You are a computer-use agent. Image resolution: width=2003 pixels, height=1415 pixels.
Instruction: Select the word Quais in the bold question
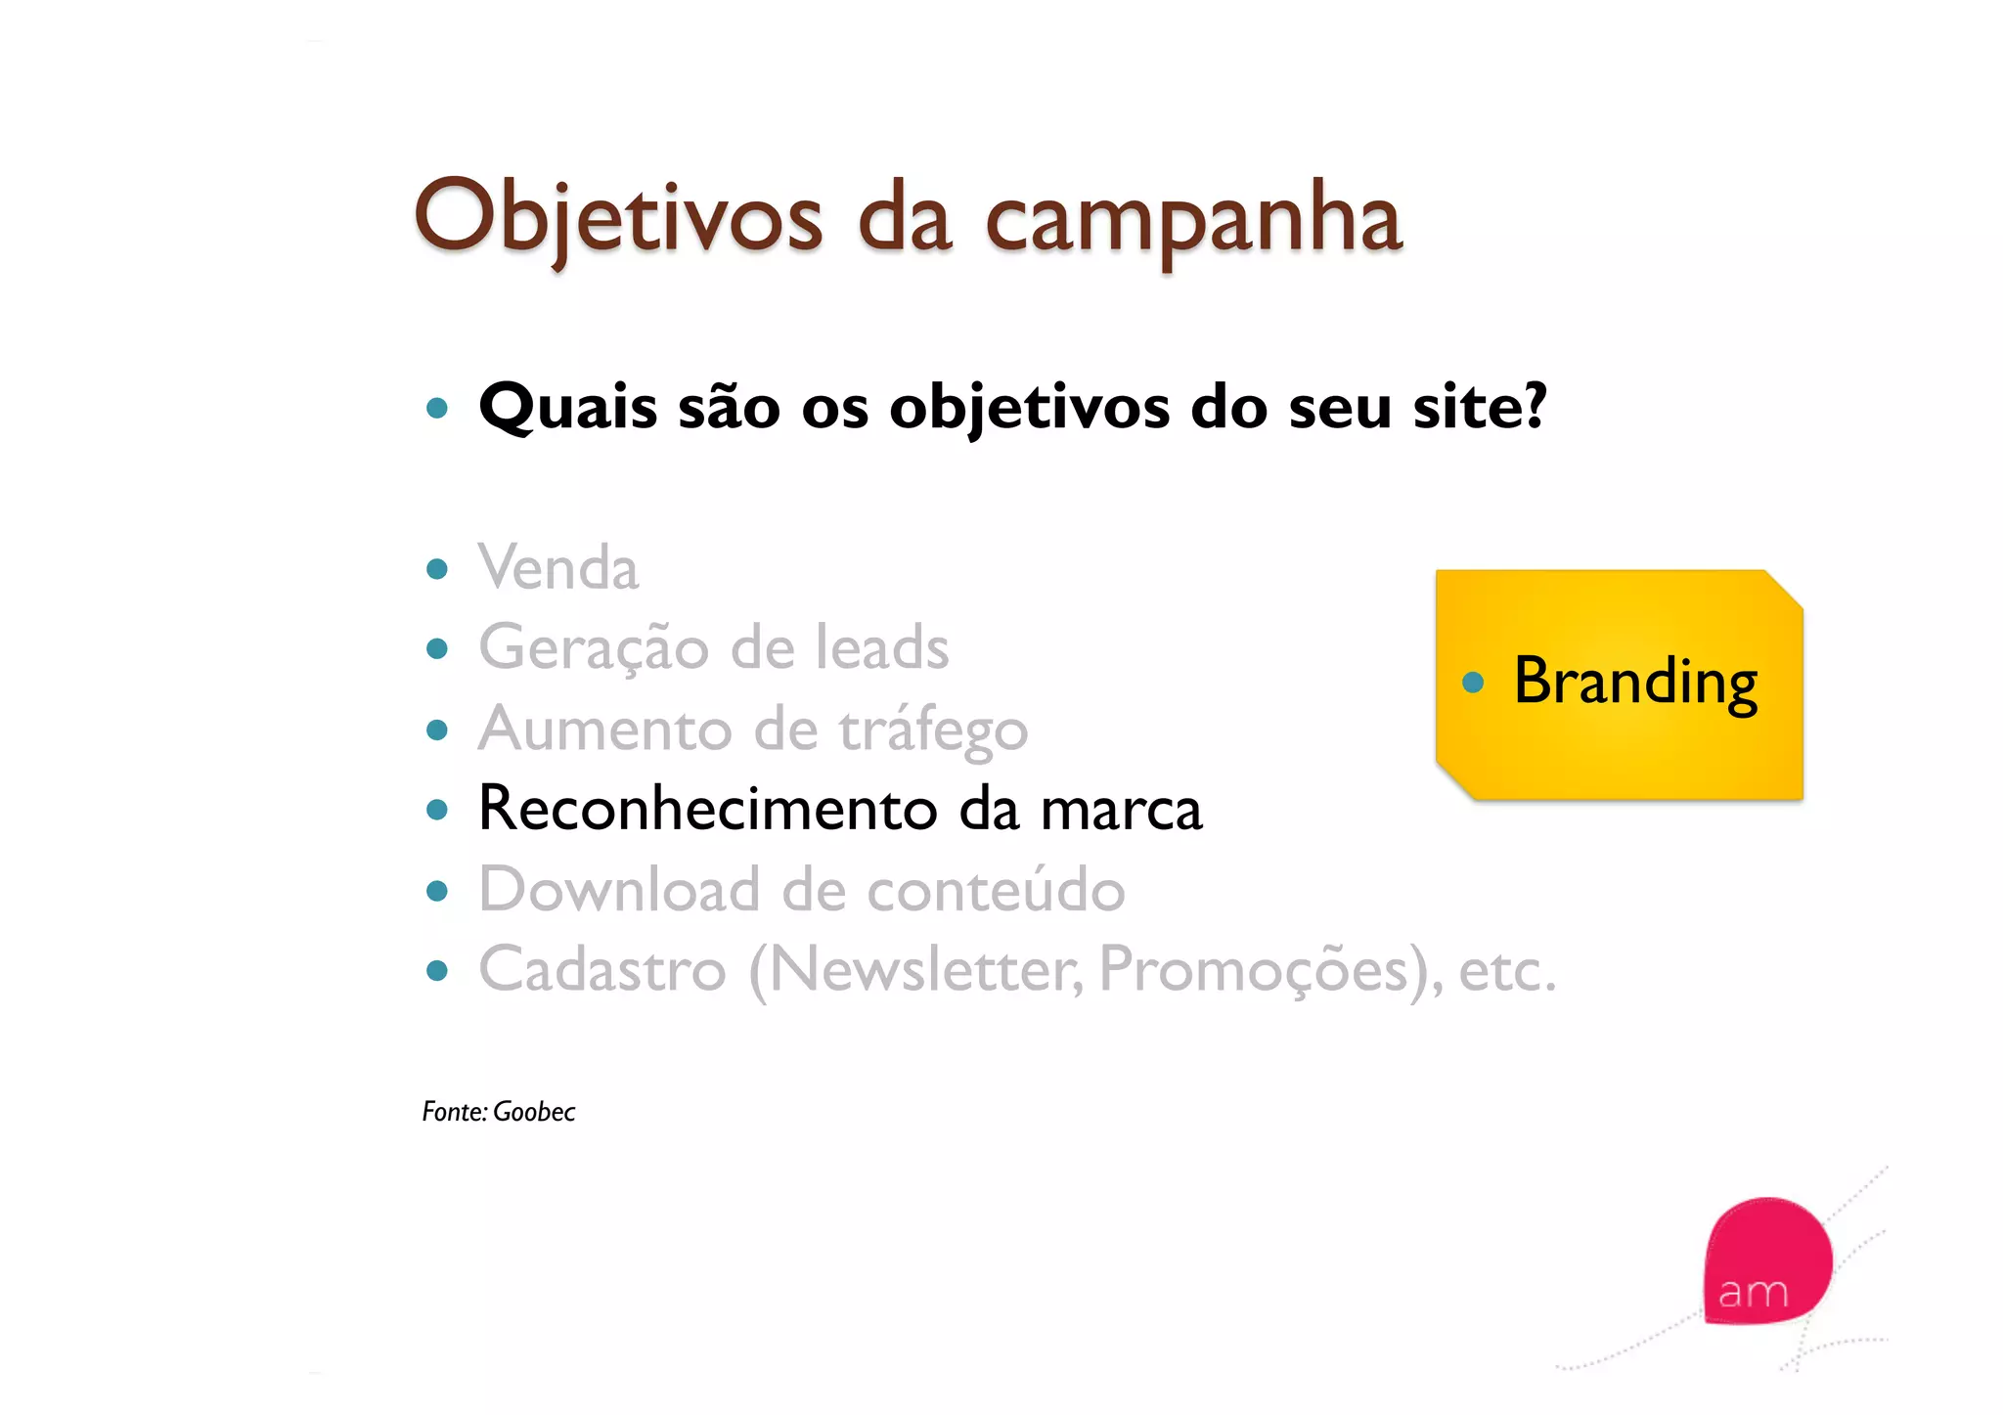click(x=567, y=407)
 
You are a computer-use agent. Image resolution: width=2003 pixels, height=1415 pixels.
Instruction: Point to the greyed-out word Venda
click(x=558, y=568)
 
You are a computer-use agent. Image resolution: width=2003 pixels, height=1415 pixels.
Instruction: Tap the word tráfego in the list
click(x=933, y=730)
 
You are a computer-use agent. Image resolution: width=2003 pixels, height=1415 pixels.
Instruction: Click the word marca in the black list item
click(x=1121, y=810)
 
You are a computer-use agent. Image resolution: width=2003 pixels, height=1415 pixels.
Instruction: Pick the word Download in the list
click(x=619, y=890)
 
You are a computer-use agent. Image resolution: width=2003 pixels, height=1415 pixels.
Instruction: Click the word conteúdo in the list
click(x=996, y=890)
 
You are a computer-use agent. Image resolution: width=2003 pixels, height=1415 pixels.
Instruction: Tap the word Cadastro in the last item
click(x=602, y=970)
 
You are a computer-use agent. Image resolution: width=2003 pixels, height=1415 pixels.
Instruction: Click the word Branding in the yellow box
click(x=1635, y=682)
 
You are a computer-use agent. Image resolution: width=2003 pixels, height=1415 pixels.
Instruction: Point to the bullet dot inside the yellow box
click(x=1473, y=682)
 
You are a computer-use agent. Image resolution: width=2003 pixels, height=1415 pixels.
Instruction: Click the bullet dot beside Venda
click(x=437, y=569)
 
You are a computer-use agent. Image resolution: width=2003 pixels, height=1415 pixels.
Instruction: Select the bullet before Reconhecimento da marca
click(x=437, y=810)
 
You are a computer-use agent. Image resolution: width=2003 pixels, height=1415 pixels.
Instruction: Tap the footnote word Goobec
click(x=534, y=1112)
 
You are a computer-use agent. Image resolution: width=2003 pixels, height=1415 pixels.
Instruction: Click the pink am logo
click(x=1765, y=1261)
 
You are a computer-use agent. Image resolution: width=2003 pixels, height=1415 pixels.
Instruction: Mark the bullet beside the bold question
click(x=437, y=408)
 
